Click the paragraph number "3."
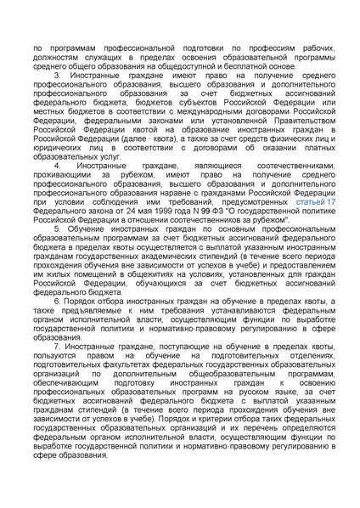click(58, 76)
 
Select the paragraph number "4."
click(58, 164)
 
